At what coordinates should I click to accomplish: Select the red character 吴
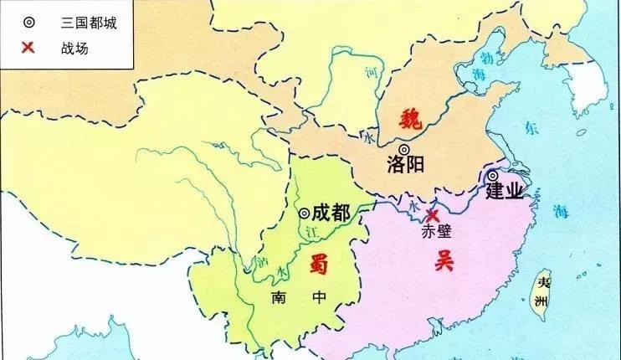pyautogui.click(x=442, y=260)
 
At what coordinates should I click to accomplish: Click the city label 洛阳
pyautogui.click(x=407, y=164)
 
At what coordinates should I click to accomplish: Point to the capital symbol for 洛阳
pyautogui.click(x=404, y=149)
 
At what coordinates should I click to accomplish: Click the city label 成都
pyautogui.click(x=331, y=213)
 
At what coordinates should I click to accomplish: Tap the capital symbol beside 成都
pyautogui.click(x=305, y=213)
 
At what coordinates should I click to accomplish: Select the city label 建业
pyautogui.click(x=505, y=191)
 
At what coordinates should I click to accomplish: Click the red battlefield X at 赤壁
pyautogui.click(x=432, y=215)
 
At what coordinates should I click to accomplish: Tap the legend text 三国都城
pyautogui.click(x=83, y=23)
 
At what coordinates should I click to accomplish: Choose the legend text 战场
pyautogui.click(x=75, y=49)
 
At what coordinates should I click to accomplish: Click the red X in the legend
pyautogui.click(x=28, y=48)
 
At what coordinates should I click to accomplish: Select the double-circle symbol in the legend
pyautogui.click(x=28, y=23)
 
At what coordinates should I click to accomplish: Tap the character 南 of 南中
pyautogui.click(x=279, y=298)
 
